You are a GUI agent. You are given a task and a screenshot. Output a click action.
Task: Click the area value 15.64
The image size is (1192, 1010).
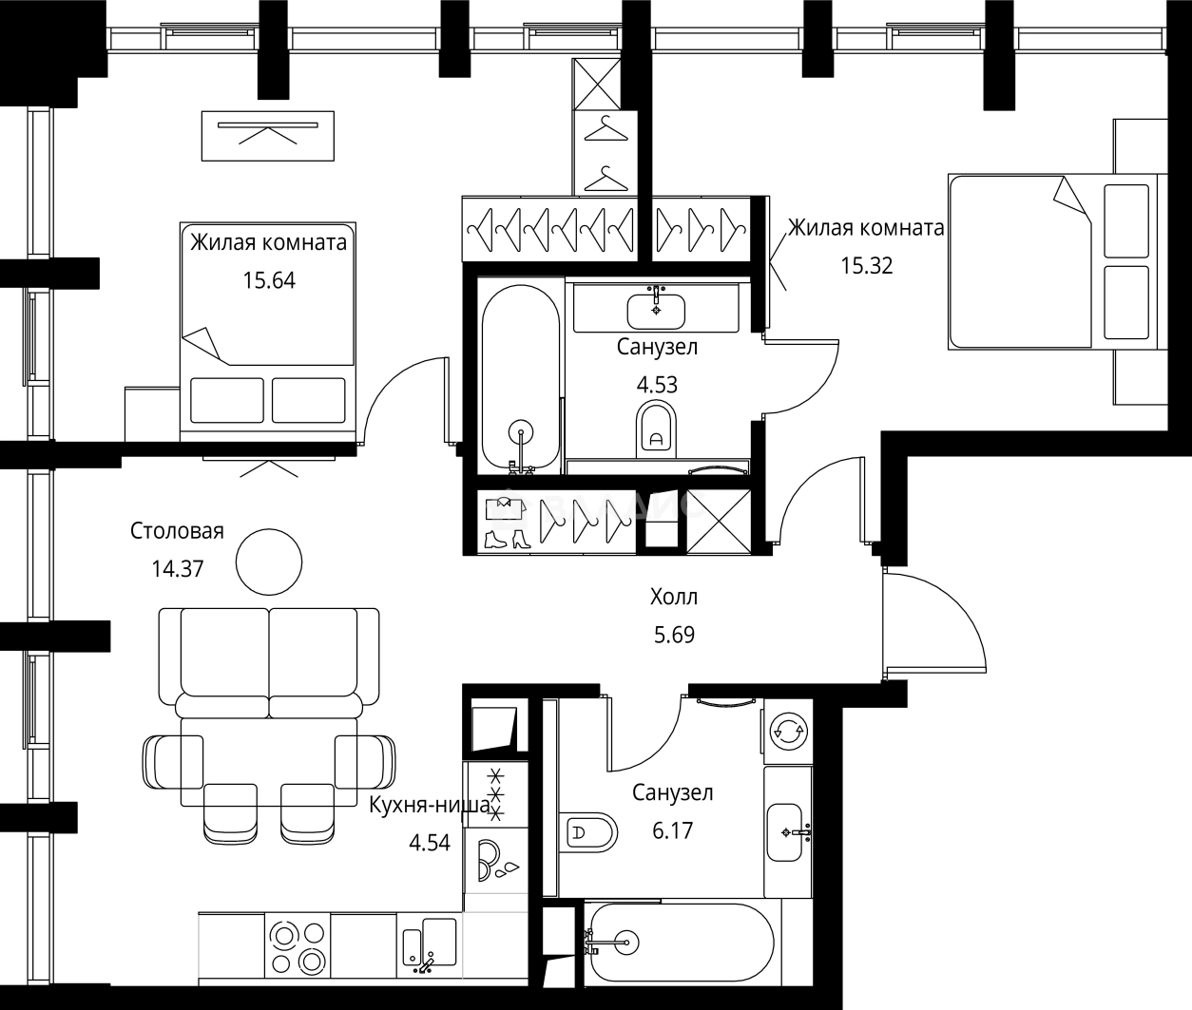pyautogui.click(x=269, y=280)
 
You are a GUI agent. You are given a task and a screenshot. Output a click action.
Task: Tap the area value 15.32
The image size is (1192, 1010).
pyautogui.click(x=866, y=266)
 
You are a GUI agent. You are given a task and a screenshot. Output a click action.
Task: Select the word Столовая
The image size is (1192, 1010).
pyautogui.click(x=177, y=531)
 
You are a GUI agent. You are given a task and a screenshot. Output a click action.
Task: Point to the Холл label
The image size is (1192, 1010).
pyautogui.click(x=674, y=597)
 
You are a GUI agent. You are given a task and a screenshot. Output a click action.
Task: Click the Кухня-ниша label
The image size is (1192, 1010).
pyautogui.click(x=430, y=805)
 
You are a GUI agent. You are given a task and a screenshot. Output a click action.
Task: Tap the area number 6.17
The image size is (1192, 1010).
pyautogui.click(x=672, y=830)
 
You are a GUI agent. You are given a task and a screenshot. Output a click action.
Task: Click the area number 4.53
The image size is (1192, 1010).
pyautogui.click(x=657, y=385)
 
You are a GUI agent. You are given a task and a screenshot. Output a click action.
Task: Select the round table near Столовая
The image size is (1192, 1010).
pyautogui.click(x=269, y=562)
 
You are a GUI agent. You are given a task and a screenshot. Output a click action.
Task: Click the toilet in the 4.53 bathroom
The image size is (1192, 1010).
pyautogui.click(x=656, y=429)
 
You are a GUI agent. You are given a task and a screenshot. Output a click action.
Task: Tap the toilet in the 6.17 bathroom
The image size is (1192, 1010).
pyautogui.click(x=587, y=833)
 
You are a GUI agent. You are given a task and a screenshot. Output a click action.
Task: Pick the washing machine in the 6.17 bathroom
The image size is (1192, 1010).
pyautogui.click(x=788, y=732)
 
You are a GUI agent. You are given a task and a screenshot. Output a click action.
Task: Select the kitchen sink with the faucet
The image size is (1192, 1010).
pyautogui.click(x=430, y=944)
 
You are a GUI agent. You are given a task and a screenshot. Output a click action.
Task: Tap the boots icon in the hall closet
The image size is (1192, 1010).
pyautogui.click(x=508, y=541)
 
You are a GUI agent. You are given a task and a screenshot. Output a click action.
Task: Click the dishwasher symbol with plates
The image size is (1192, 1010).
pyautogui.click(x=496, y=861)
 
